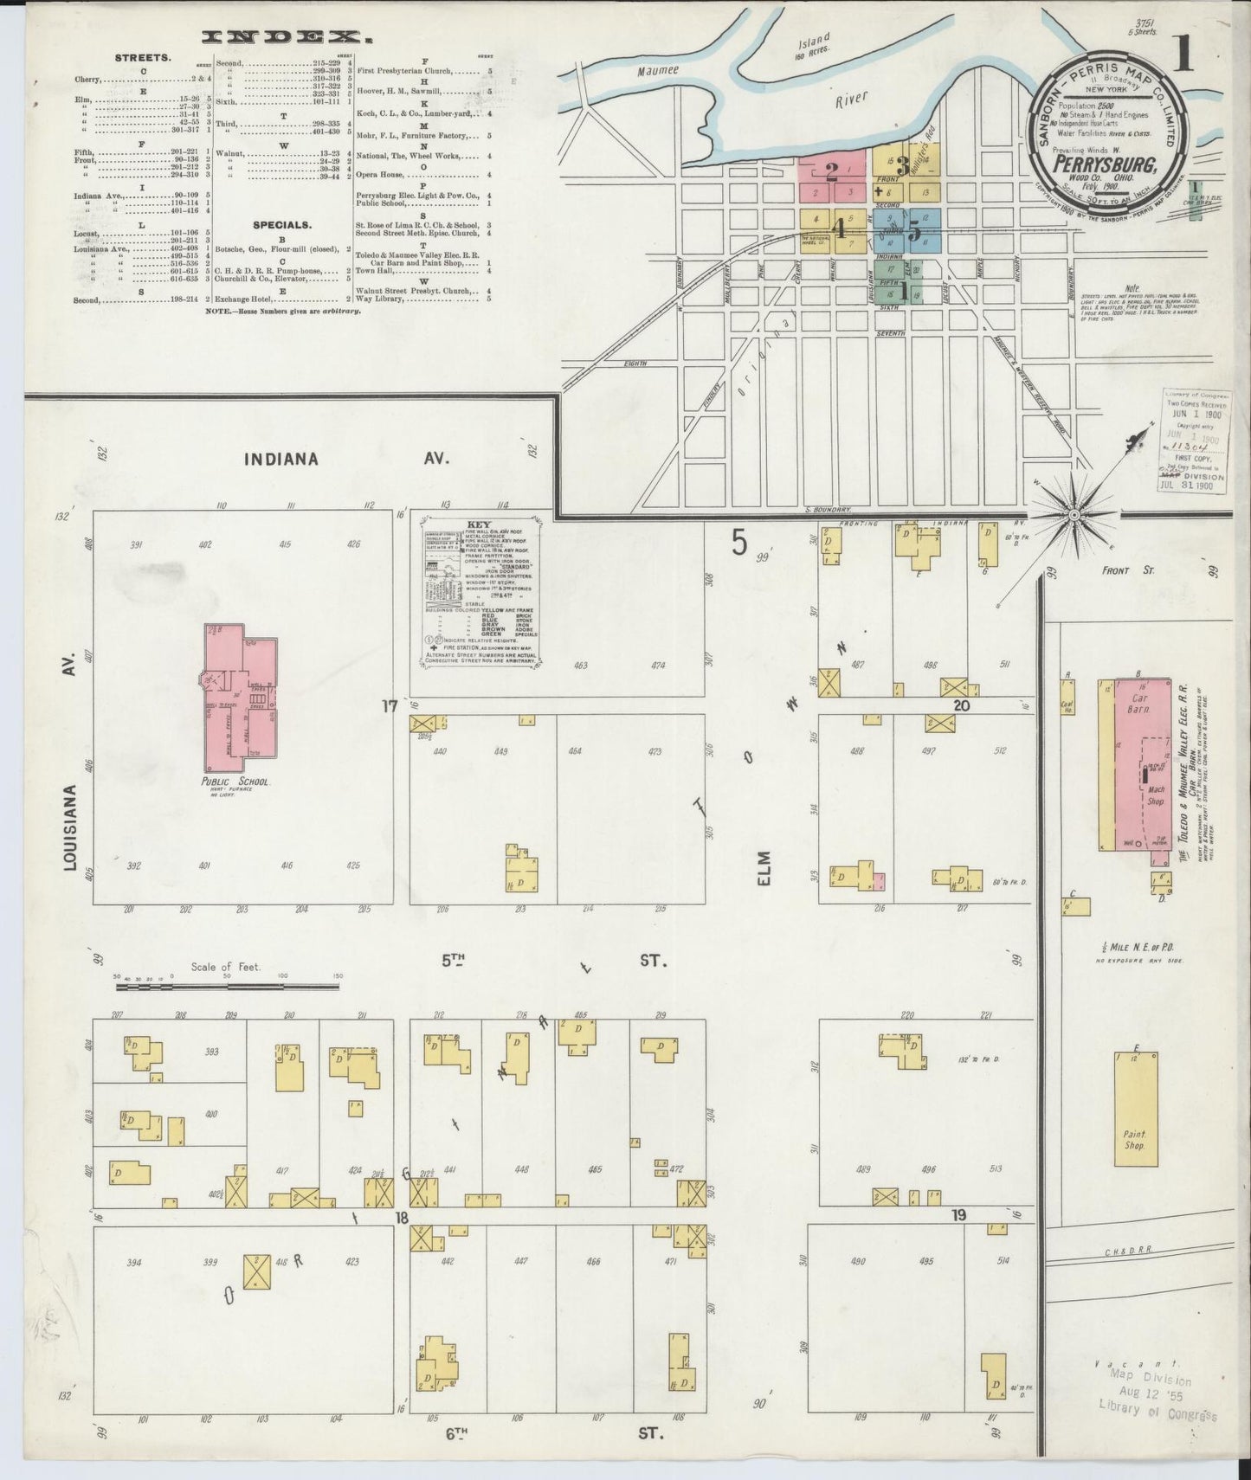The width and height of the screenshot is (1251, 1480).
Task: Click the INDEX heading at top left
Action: tap(281, 37)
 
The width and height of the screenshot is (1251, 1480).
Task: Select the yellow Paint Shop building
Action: tap(1135, 1108)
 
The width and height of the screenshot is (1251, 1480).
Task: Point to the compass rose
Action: tap(1074, 514)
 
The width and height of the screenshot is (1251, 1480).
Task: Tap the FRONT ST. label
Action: tap(1126, 571)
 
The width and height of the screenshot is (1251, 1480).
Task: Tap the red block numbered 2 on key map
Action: tap(831, 169)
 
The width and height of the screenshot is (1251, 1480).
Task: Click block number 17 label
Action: tap(389, 706)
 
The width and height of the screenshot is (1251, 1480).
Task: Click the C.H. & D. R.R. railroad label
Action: tap(1125, 1252)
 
